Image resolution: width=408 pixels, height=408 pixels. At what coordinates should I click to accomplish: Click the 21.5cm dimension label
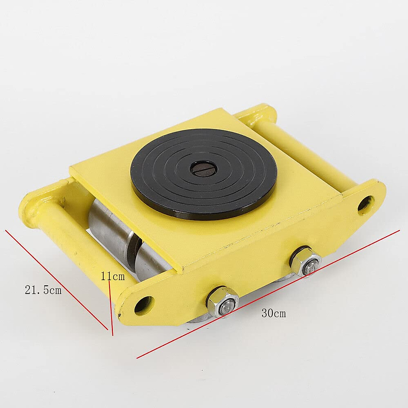(x=43, y=290)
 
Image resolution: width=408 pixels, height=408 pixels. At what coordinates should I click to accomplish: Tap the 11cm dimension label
(x=113, y=276)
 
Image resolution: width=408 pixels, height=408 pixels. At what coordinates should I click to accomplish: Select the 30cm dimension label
(x=274, y=313)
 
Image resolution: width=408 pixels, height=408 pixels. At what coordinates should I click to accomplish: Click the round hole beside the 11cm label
(x=143, y=303)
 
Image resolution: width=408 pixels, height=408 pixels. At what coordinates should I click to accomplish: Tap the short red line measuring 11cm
(x=110, y=306)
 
